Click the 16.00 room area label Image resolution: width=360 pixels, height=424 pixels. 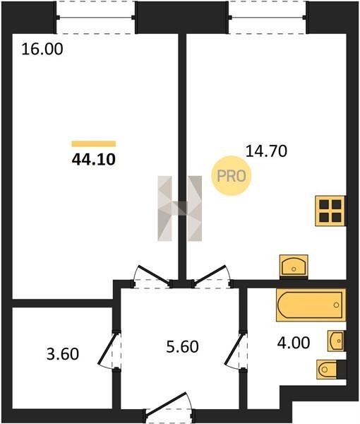pyautogui.click(x=42, y=49)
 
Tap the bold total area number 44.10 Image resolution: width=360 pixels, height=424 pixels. pyautogui.click(x=94, y=159)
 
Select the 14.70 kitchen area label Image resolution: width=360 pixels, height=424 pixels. pyautogui.click(x=266, y=151)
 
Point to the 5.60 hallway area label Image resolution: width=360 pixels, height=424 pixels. pyautogui.click(x=182, y=347)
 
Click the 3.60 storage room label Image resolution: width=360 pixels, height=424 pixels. pyautogui.click(x=63, y=354)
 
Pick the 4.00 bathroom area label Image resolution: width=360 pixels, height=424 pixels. pyautogui.click(x=293, y=343)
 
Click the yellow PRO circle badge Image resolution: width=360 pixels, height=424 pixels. pyautogui.click(x=232, y=176)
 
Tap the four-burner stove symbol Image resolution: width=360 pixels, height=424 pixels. pyautogui.click(x=330, y=211)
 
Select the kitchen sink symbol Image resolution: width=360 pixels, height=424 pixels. pyautogui.click(x=294, y=266)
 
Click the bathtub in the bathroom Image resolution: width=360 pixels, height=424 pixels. pyautogui.click(x=311, y=305)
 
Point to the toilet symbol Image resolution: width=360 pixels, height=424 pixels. pyautogui.click(x=328, y=369)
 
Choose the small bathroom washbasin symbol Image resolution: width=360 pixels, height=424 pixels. pyautogui.click(x=336, y=341)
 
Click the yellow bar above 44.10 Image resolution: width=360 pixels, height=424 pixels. pyautogui.click(x=94, y=144)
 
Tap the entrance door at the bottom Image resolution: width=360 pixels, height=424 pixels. pyautogui.click(x=169, y=407)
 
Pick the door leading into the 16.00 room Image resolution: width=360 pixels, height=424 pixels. pyautogui.click(x=153, y=276)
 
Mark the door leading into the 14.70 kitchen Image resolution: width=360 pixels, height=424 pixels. pyautogui.click(x=211, y=276)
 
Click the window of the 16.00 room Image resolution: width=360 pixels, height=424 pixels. pyautogui.click(x=95, y=18)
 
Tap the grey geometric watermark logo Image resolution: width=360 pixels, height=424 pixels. pyautogui.click(x=179, y=208)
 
